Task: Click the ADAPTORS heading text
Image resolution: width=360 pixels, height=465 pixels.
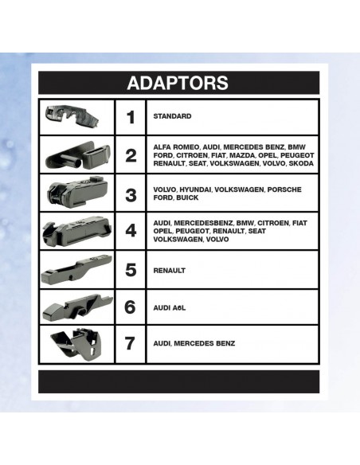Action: click(x=178, y=83)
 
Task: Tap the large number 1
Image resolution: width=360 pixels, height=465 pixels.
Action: click(x=131, y=117)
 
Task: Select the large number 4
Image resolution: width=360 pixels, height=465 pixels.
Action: click(x=131, y=230)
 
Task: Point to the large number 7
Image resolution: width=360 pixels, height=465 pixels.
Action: click(x=131, y=343)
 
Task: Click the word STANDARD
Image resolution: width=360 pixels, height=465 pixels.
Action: click(x=172, y=116)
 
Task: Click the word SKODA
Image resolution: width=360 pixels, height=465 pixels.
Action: click(x=301, y=163)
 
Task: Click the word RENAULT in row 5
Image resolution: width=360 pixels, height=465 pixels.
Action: click(x=170, y=271)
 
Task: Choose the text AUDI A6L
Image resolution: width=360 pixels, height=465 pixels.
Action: click(x=170, y=308)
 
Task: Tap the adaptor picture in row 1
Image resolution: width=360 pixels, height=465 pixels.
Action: click(x=72, y=116)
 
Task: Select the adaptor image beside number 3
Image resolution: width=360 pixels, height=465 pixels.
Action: click(x=77, y=192)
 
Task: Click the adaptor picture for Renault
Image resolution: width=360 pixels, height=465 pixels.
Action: click(x=76, y=269)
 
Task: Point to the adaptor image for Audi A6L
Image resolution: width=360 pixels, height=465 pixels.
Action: click(x=78, y=307)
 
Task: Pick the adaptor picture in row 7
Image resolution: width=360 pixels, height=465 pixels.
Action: click(x=78, y=344)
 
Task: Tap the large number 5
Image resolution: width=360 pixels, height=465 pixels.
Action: click(x=131, y=270)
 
